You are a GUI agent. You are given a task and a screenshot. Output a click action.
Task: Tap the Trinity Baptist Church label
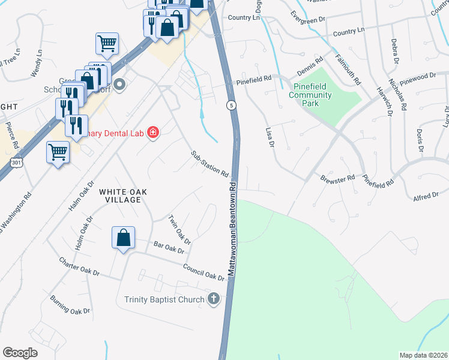click(x=164, y=299)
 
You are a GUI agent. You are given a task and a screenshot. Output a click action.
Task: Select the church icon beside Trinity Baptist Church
click(x=214, y=299)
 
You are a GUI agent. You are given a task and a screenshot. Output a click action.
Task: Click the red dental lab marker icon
click(x=153, y=132)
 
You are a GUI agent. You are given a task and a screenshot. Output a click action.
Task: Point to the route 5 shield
click(x=231, y=105)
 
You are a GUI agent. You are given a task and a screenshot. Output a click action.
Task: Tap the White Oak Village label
click(x=122, y=195)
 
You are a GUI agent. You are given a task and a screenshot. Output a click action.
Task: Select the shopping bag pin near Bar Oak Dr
click(x=123, y=238)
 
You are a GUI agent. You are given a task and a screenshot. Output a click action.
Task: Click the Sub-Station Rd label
click(x=210, y=164)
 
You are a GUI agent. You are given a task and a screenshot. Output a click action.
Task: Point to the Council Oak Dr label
click(x=203, y=273)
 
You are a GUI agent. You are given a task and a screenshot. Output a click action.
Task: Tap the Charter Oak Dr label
click(x=79, y=266)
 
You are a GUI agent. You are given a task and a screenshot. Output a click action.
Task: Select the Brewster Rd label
click(x=338, y=179)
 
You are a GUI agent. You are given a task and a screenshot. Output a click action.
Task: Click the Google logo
click(x=20, y=352)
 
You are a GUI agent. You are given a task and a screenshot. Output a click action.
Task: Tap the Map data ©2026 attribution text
click(x=423, y=355)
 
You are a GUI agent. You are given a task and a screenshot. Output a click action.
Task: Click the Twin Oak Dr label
click(x=179, y=230)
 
